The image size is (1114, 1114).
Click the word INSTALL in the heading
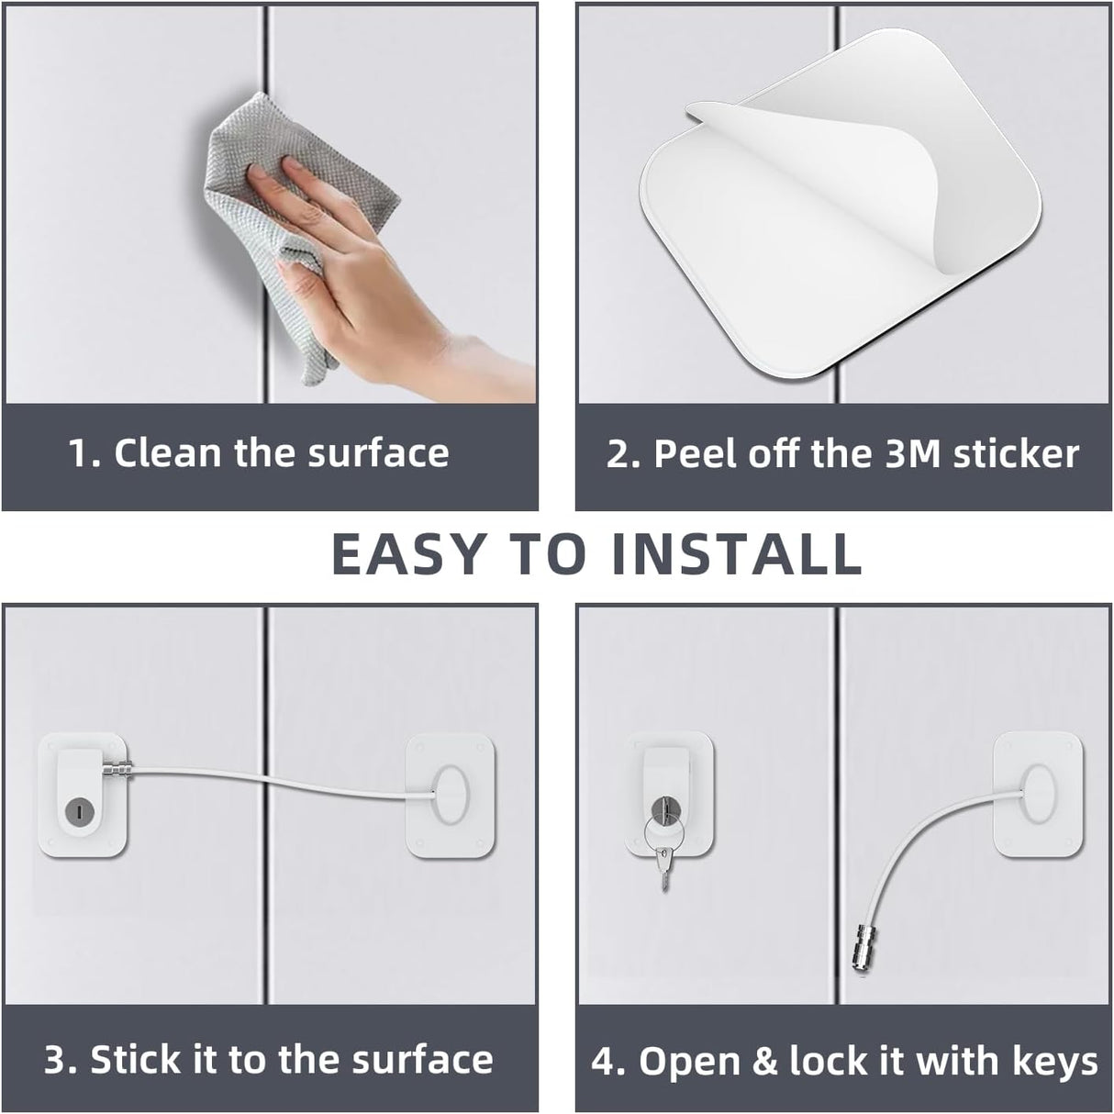(737, 554)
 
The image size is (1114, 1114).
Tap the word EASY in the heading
(408, 554)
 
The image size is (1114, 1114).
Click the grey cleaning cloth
(289, 214)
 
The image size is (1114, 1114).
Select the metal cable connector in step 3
(119, 770)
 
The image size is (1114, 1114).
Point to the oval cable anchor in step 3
(451, 795)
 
